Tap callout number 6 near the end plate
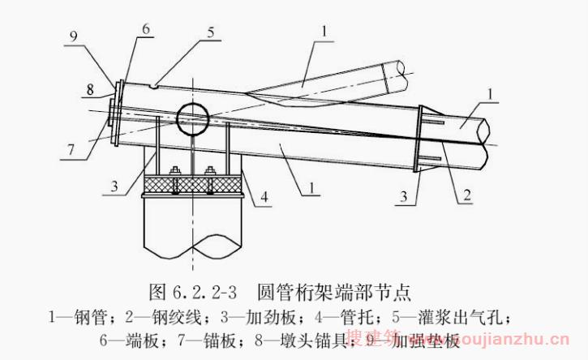(x=145, y=28)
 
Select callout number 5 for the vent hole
(x=212, y=33)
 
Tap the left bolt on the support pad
(x=174, y=171)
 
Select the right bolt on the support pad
(x=211, y=171)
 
